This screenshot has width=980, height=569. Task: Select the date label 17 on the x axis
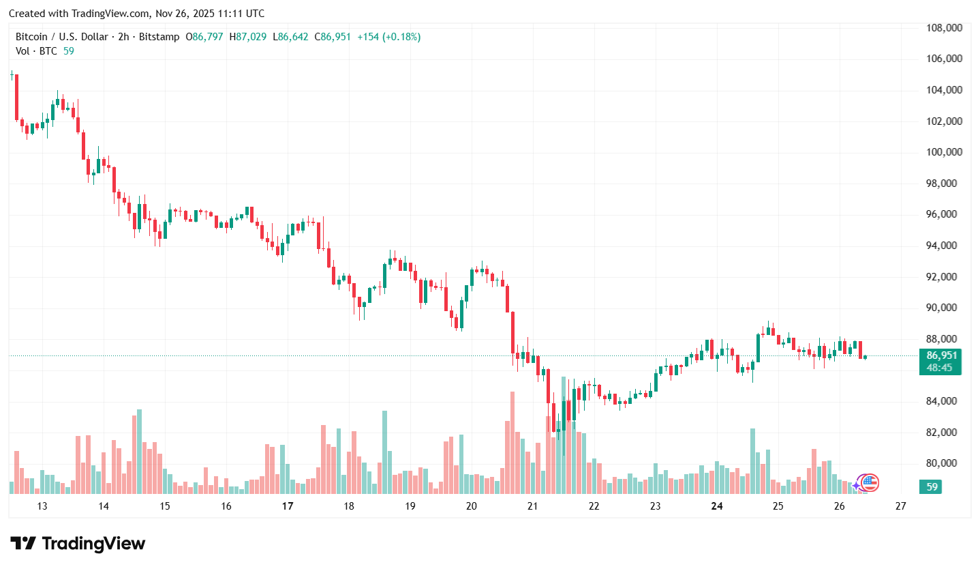[287, 506]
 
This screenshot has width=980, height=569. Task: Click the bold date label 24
[716, 506]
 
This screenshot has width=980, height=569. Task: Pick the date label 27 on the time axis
[900, 506]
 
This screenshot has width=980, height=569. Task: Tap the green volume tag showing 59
[930, 487]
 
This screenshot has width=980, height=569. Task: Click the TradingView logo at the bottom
[78, 544]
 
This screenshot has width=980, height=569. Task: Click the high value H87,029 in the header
[248, 37]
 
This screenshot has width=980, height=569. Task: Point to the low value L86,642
[291, 37]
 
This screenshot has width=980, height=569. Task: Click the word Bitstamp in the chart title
[158, 37]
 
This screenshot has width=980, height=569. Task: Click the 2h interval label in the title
[123, 37]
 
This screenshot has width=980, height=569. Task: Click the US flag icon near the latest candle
[870, 482]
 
